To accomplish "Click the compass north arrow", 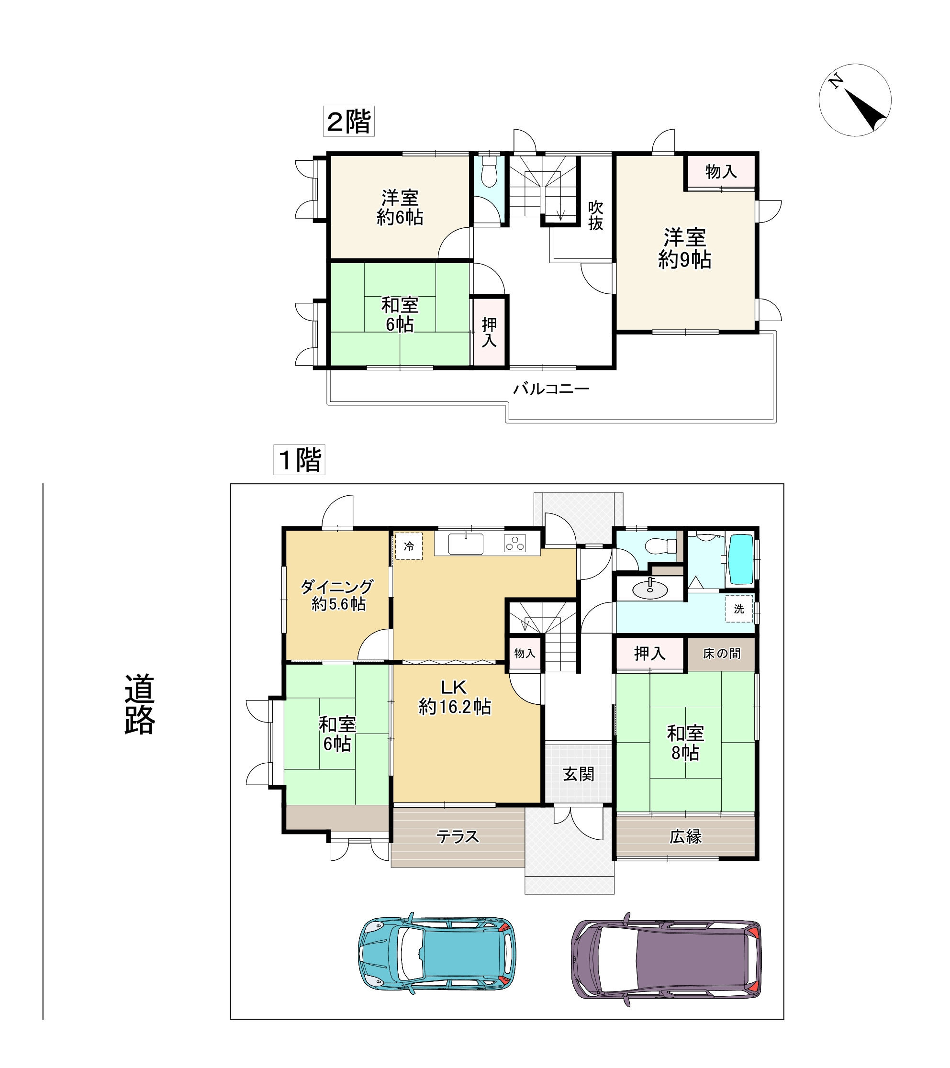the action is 866,110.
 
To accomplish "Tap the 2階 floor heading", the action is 348,121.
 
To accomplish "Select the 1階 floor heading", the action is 300,460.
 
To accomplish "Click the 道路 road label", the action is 140,704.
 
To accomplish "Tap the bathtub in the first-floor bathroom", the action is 741,558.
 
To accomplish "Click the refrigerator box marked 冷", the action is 409,546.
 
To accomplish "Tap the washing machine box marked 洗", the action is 739,609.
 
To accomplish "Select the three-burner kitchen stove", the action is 514,544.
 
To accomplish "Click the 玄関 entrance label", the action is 579,774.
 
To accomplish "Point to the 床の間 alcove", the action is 721,654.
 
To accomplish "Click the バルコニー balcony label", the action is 551,389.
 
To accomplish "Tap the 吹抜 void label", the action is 596,215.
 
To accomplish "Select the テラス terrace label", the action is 458,836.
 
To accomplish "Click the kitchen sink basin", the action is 466,545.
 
